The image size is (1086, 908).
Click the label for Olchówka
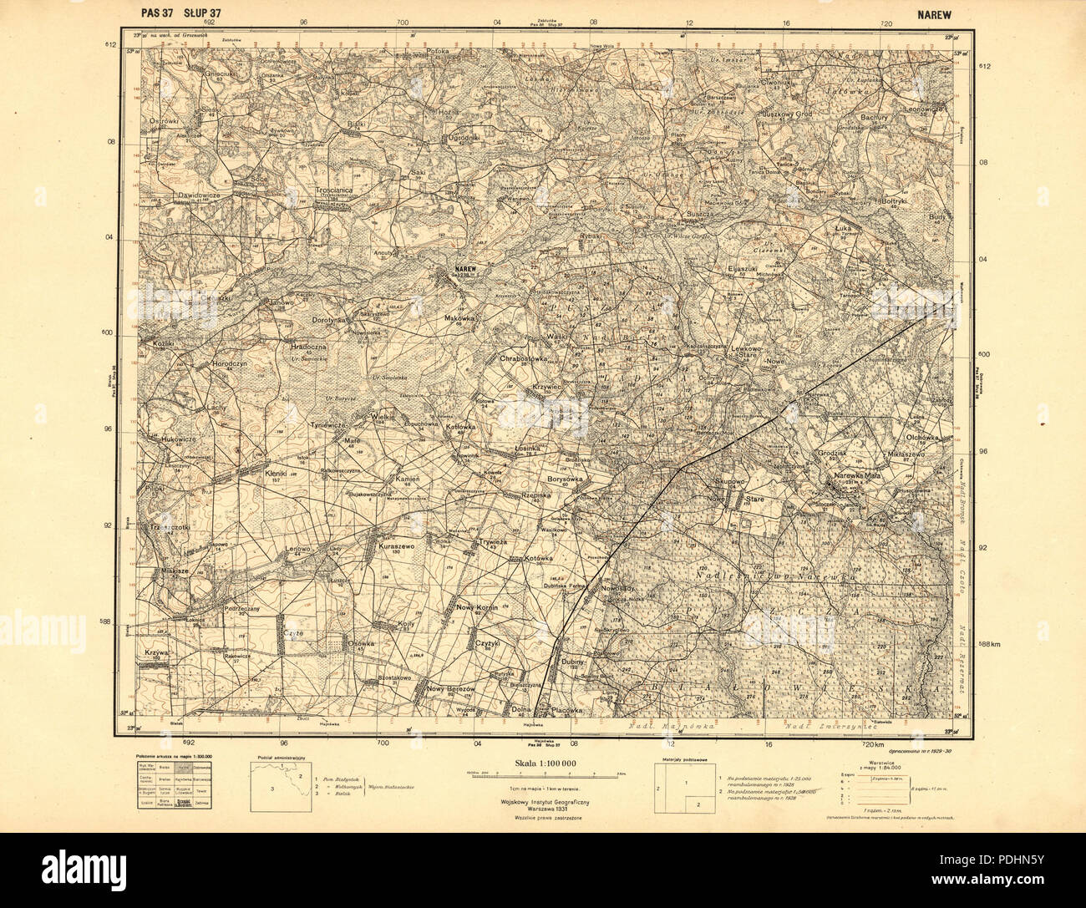pyautogui.click(x=922, y=437)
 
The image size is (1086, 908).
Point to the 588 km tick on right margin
pyautogui.click(x=989, y=643)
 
